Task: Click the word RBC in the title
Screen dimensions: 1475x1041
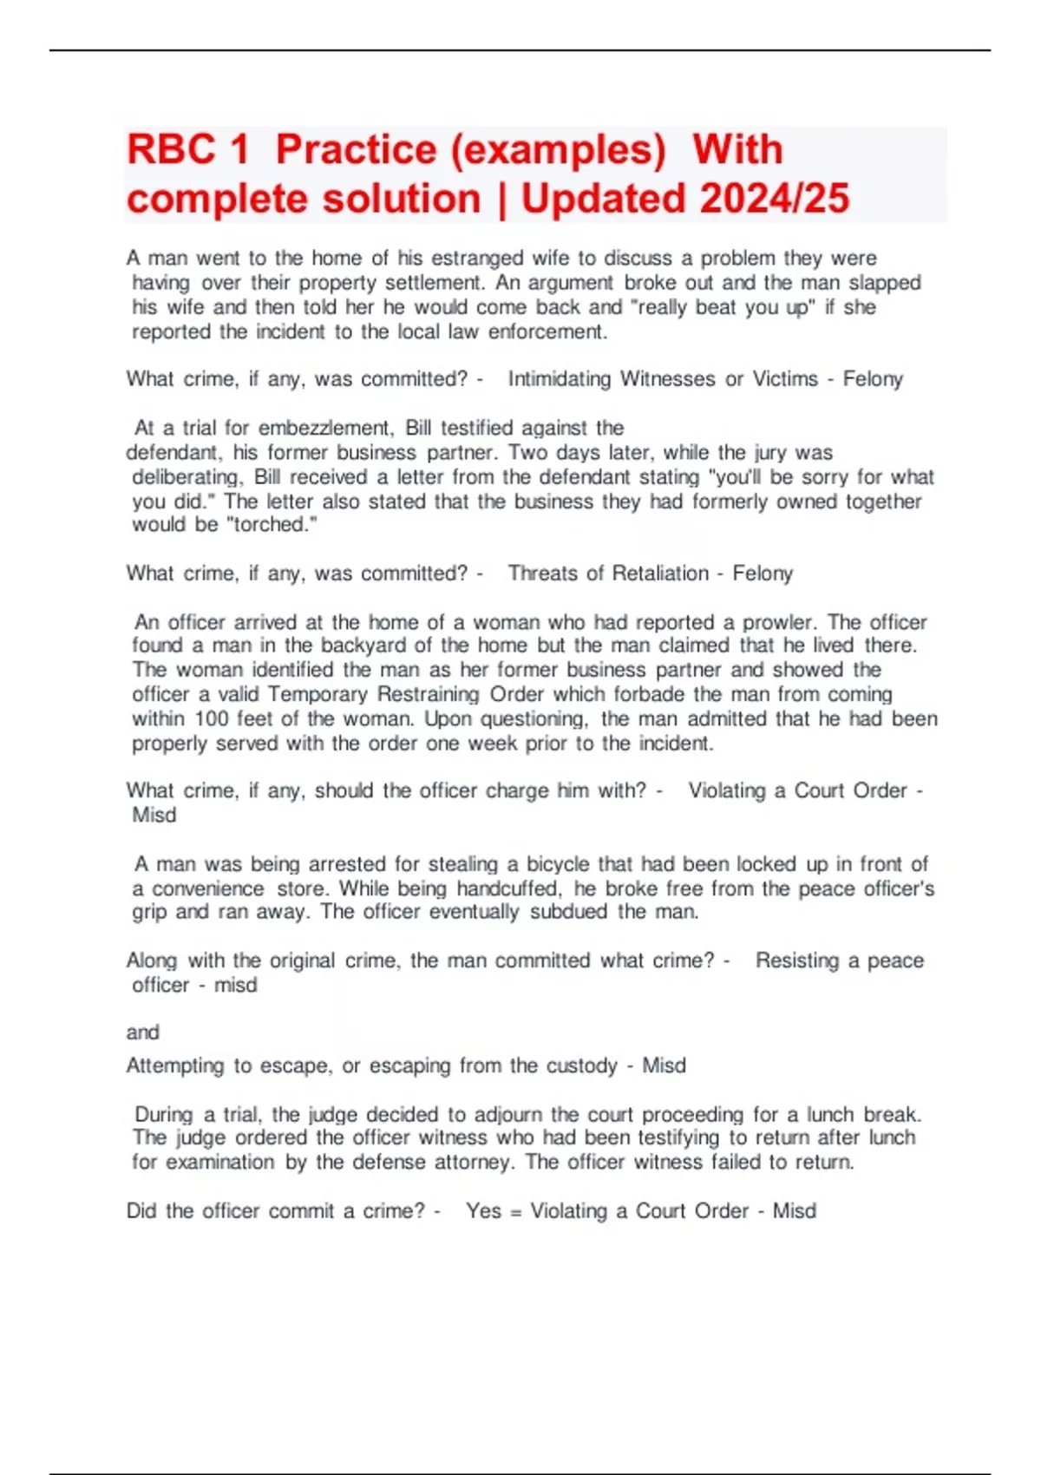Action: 171,149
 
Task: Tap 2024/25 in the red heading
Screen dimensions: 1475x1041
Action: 774,199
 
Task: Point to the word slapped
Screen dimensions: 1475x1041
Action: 885,283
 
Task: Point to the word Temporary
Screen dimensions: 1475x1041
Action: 317,694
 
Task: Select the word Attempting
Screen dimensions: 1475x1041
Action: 175,1065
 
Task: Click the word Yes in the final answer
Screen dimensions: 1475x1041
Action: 483,1211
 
